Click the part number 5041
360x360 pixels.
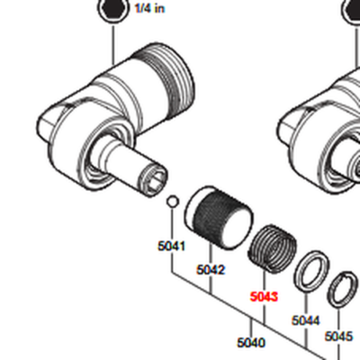point(172,246)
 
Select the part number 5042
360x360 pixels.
point(211,270)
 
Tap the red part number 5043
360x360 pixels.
point(264,297)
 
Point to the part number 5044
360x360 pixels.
point(306,320)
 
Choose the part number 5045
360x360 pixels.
point(338,336)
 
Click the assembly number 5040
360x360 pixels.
point(251,342)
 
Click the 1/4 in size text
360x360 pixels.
point(149,8)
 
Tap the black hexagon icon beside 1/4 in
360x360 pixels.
point(113,9)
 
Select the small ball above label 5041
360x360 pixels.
point(173,202)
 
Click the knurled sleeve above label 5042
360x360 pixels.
point(219,218)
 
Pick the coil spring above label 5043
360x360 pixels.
point(273,249)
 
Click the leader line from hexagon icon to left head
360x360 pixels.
point(113,45)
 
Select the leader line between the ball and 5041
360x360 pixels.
point(172,224)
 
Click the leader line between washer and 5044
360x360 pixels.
point(306,304)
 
